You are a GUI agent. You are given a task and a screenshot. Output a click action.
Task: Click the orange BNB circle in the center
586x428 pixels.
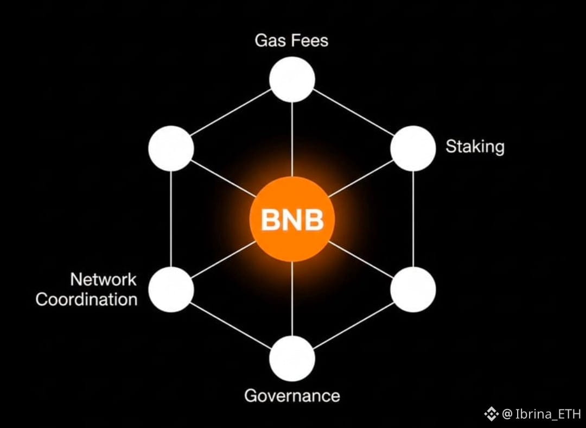(x=292, y=220)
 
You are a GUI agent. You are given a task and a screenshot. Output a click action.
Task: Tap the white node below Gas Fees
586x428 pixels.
(x=292, y=79)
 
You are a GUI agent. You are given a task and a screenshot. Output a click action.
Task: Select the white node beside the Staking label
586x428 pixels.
(x=413, y=148)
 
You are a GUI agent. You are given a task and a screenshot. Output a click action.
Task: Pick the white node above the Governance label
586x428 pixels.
(x=292, y=358)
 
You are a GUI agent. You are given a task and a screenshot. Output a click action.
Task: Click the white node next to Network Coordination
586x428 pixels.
(x=171, y=289)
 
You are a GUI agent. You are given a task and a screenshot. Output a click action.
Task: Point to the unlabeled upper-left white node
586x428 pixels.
(x=171, y=148)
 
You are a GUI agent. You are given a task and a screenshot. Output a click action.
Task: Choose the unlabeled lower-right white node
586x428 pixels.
(x=413, y=289)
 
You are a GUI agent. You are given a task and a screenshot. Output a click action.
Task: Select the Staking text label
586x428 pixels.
(x=475, y=147)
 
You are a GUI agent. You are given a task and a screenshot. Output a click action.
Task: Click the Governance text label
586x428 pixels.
(x=292, y=395)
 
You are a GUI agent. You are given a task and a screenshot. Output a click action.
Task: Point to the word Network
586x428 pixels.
(x=103, y=280)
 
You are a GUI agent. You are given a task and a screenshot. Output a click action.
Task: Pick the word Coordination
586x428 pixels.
(x=87, y=299)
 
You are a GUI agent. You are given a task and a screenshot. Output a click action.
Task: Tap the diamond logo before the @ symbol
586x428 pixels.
(x=491, y=414)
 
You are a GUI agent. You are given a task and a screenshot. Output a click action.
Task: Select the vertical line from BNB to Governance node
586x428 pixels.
(x=292, y=299)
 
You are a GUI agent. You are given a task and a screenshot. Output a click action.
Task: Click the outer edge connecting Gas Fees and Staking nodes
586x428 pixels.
(x=353, y=114)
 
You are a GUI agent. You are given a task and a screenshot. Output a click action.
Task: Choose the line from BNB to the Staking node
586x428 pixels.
(x=361, y=179)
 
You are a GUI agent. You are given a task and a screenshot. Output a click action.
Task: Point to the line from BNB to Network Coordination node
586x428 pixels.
(x=224, y=259)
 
